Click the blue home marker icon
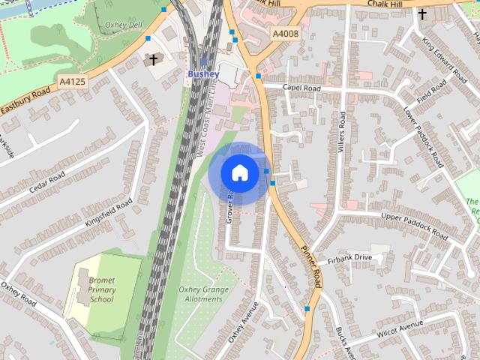coord(239,173)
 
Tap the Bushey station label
coord(203,74)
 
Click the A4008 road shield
coord(285,34)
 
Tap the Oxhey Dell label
coord(124,24)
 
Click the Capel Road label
coord(301,88)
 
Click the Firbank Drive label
coord(349,259)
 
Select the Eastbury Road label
coord(25,101)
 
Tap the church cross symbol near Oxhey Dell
coord(154,59)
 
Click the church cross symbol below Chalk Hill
coord(422,14)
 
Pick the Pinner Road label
coord(310,266)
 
